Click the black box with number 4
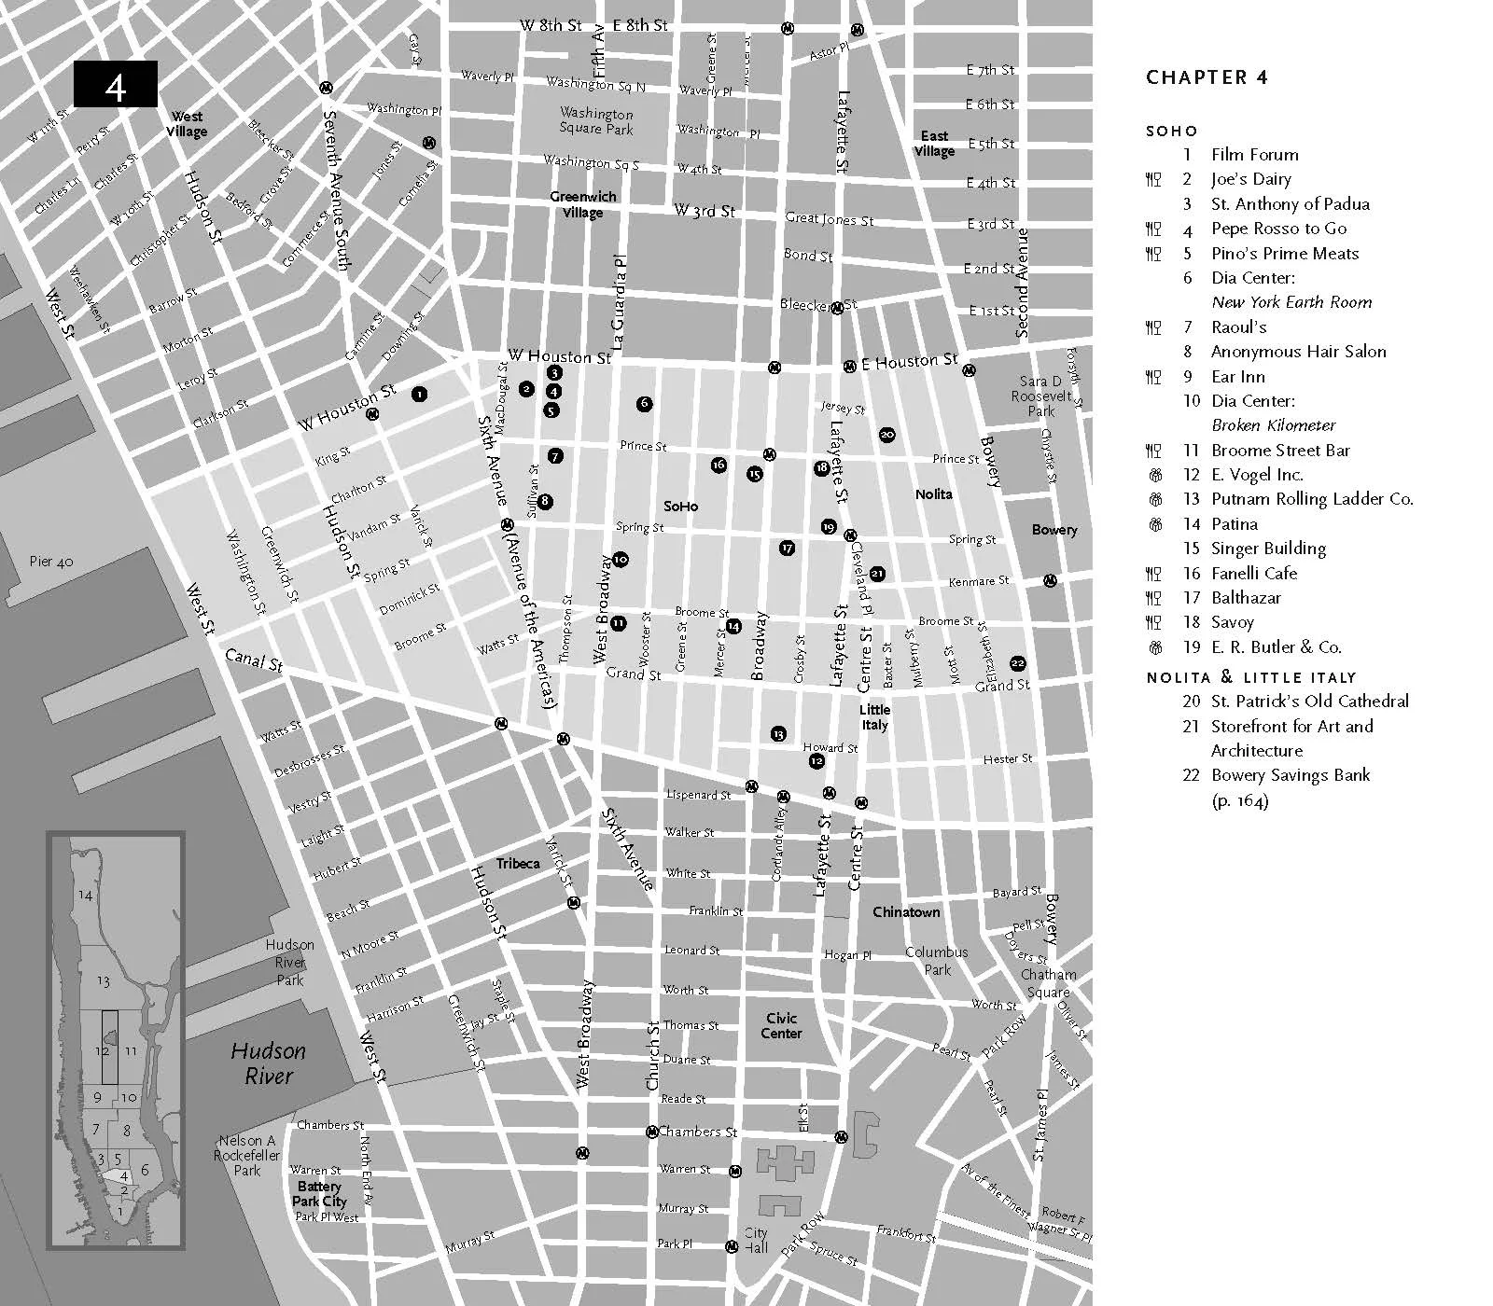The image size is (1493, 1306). point(116,85)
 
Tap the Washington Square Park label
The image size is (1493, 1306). point(596,120)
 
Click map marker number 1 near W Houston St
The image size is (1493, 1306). point(420,395)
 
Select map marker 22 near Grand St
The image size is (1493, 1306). point(1017,662)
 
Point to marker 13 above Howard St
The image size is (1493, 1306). point(778,734)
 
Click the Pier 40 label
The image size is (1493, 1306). point(51,562)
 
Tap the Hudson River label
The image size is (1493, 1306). point(268,1063)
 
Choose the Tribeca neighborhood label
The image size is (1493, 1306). point(518,864)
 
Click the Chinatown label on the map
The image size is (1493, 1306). point(906,911)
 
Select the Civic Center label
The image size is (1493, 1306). point(781,1026)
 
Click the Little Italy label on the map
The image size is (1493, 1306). point(874,717)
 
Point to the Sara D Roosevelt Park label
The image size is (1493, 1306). point(1040,396)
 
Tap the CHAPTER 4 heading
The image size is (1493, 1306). point(1207,78)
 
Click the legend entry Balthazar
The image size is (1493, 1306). point(1246,598)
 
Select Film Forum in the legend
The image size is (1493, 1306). point(1254,155)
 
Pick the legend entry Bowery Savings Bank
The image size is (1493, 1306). point(1290,775)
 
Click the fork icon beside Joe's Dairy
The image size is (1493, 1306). point(1153,179)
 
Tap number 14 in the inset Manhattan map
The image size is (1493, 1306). point(85,896)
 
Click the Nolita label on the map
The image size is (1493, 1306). point(933,494)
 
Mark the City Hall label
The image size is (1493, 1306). point(756,1240)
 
